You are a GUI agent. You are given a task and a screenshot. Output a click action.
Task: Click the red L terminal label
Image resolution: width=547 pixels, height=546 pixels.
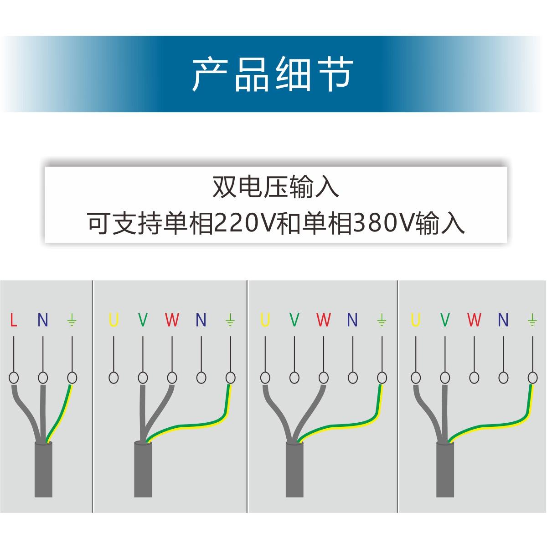(14, 320)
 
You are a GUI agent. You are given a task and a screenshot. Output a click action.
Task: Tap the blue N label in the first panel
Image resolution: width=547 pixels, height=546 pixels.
(42, 320)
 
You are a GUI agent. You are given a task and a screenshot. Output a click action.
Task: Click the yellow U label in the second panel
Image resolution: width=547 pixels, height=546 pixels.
(114, 320)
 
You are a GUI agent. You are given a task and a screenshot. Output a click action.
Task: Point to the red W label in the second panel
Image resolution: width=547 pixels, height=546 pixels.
(172, 320)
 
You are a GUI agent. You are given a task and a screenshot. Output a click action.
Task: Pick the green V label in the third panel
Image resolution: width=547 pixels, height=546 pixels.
(294, 320)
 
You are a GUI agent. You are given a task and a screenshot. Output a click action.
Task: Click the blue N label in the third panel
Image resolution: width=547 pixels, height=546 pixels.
(352, 320)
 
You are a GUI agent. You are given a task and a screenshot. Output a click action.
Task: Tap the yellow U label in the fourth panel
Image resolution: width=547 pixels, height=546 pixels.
(415, 320)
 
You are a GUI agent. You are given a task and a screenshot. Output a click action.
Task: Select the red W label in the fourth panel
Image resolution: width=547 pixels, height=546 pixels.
(474, 320)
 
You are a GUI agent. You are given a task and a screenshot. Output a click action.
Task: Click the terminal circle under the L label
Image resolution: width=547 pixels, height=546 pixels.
(14, 378)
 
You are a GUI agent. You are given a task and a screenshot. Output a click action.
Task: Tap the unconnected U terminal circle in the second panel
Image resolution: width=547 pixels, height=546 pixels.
(114, 378)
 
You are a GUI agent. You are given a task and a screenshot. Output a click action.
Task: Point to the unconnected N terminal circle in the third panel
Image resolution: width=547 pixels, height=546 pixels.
(352, 378)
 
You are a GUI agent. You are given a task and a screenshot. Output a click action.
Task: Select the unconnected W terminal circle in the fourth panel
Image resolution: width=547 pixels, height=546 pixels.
(474, 378)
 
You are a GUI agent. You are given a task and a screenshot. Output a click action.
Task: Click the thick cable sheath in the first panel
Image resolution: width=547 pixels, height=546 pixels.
(44, 470)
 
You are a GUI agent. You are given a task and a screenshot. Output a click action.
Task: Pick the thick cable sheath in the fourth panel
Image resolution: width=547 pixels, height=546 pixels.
(445, 470)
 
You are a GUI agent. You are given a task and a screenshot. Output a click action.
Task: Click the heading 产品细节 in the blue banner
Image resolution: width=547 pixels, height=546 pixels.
(273, 74)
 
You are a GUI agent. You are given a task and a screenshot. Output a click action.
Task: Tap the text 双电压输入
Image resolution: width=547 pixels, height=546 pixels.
(276, 187)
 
